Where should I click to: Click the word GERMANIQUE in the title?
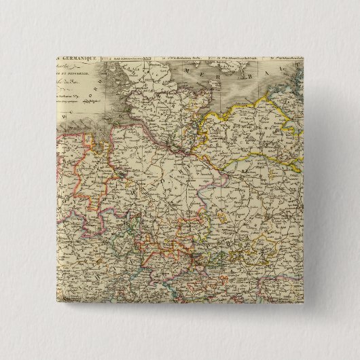pos(76,60)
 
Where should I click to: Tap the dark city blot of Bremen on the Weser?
pos(121,174)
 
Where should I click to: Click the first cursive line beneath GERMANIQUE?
pos(69,69)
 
